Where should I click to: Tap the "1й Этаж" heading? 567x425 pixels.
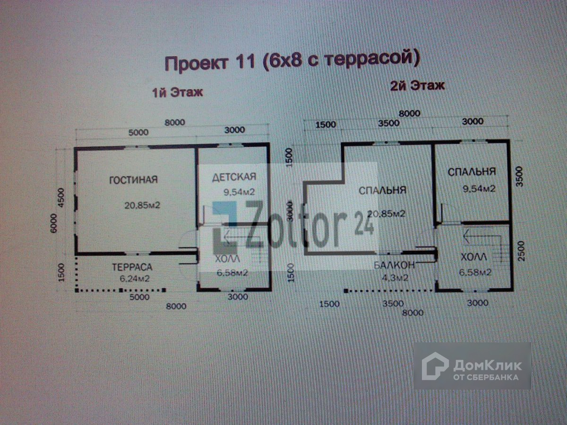click(x=177, y=92)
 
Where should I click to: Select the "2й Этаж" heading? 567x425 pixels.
click(x=417, y=86)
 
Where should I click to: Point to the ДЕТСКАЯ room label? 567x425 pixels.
click(x=234, y=177)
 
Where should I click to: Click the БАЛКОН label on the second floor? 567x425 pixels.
click(x=394, y=265)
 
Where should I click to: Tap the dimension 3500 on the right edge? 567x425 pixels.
click(x=519, y=177)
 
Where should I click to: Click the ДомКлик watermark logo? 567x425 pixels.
click(x=472, y=366)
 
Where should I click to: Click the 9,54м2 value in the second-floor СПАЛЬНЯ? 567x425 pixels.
click(x=478, y=189)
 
